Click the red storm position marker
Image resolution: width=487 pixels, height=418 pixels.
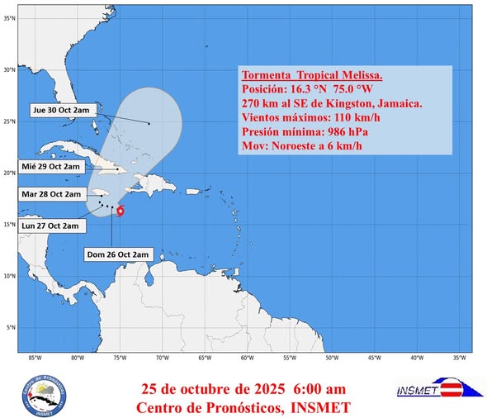(121, 211)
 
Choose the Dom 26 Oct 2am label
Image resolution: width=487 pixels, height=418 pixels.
(119, 254)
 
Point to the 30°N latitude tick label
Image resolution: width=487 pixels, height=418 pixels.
(10, 70)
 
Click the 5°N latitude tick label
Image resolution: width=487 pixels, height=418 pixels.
(11, 328)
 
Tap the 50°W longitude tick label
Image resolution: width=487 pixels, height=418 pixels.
(331, 359)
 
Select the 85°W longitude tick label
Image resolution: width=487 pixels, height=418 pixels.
(35, 359)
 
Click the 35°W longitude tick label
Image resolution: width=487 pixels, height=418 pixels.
(459, 359)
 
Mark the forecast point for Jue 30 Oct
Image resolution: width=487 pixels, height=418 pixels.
(149, 124)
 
